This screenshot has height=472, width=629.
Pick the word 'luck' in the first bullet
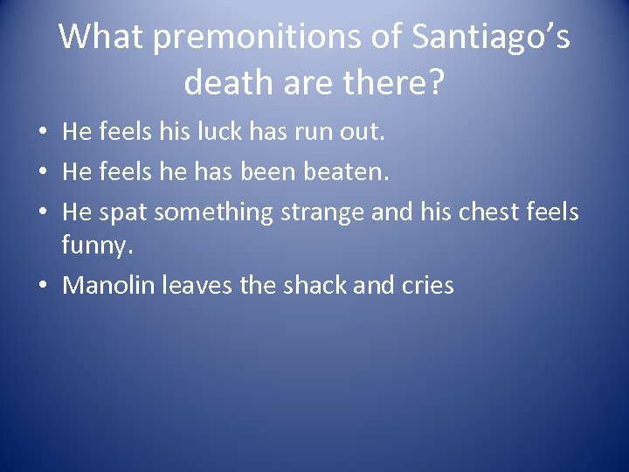(208, 134)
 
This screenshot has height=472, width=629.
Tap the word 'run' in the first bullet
(303, 134)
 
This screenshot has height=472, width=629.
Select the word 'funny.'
(97, 247)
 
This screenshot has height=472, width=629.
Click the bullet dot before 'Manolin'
(43, 286)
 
